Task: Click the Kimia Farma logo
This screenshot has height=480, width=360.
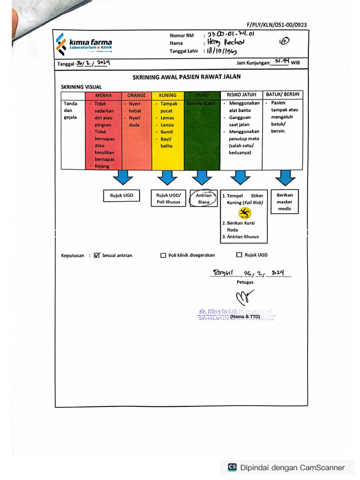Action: click(83, 44)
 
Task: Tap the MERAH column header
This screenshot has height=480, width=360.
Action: click(103, 95)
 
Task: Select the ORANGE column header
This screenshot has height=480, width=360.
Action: click(136, 95)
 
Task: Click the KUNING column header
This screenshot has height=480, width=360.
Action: click(167, 95)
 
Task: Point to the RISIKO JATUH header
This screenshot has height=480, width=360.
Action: click(241, 95)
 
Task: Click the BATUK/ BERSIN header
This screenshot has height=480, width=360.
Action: click(282, 94)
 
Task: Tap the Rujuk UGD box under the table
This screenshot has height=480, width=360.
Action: click(121, 195)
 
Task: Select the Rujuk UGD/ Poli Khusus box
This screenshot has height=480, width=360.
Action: click(168, 198)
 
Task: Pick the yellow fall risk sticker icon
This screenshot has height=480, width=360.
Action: click(244, 213)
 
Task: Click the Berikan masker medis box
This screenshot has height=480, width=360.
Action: click(285, 202)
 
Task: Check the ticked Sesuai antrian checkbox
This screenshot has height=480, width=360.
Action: click(97, 255)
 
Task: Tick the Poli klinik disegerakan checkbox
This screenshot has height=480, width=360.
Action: click(163, 255)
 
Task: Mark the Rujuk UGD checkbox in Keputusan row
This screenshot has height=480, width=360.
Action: click(239, 255)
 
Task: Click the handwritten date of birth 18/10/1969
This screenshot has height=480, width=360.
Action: click(223, 51)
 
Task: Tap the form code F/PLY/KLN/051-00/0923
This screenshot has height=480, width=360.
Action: click(277, 25)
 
